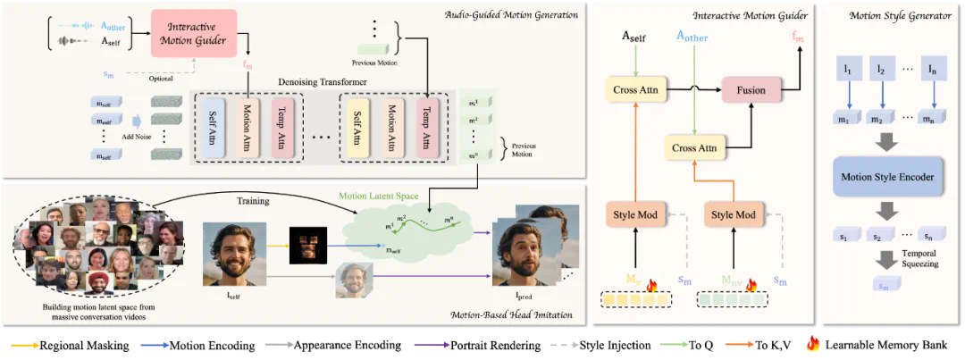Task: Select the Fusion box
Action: (x=751, y=90)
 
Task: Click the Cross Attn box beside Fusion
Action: (x=695, y=148)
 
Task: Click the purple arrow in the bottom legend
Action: (x=429, y=343)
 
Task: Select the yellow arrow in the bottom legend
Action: (x=23, y=343)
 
